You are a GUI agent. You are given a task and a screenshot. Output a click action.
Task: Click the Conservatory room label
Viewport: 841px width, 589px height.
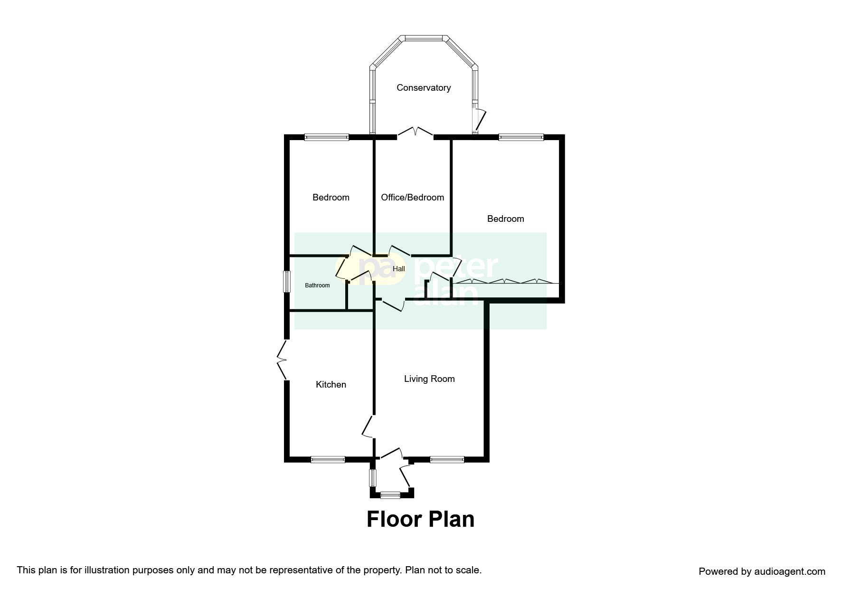(424, 88)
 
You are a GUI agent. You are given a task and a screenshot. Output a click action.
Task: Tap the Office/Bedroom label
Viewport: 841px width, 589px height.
(413, 198)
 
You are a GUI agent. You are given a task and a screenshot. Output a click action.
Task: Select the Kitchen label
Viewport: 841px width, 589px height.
(331, 385)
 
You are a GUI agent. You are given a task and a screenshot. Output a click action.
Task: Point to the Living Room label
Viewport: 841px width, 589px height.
(429, 379)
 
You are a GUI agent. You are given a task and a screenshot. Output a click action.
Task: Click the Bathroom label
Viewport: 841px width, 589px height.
(317, 285)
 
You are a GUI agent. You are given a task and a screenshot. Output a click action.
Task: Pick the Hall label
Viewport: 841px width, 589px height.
(399, 269)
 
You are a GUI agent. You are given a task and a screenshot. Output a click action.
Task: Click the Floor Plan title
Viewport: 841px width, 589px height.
(420, 519)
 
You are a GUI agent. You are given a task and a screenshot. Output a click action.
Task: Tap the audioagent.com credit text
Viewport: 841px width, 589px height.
(762, 571)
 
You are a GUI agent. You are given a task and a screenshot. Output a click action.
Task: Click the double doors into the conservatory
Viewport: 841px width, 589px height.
(416, 132)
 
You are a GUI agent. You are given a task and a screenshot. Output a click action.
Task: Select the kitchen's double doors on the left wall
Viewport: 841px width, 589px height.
(282, 360)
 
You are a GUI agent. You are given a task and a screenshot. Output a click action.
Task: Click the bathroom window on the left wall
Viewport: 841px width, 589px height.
(287, 282)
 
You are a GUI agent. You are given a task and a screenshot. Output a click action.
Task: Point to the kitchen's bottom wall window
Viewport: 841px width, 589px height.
(328, 459)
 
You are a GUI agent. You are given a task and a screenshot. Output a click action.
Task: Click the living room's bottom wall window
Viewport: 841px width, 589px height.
(447, 459)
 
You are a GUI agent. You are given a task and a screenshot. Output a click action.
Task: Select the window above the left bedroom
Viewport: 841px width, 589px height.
(327, 137)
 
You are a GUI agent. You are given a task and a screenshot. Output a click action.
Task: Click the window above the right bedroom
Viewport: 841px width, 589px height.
(521, 137)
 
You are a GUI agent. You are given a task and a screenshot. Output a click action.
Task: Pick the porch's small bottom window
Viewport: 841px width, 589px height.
(390, 495)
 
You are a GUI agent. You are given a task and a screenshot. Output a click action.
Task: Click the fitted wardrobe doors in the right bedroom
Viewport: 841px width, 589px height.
(505, 282)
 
